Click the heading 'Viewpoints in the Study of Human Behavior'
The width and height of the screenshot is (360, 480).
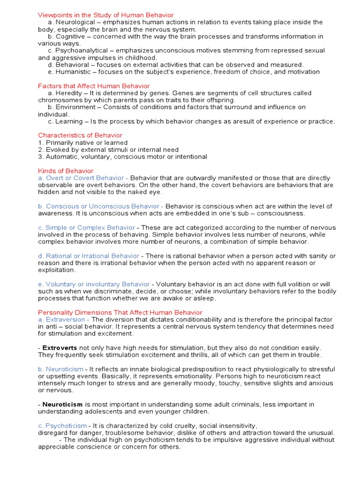[x=105, y=15]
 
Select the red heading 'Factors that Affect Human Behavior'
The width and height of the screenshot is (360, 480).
[x=94, y=86]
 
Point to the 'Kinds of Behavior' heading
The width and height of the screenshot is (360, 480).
[x=66, y=171]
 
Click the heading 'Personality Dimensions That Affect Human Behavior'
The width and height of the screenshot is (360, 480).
[x=120, y=312]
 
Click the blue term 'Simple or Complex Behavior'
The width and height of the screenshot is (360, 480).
[x=86, y=228]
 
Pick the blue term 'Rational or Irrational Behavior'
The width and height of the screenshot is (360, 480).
[x=89, y=256]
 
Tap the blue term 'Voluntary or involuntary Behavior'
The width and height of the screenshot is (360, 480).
[x=94, y=284]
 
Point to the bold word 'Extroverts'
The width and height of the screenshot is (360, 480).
[x=60, y=347]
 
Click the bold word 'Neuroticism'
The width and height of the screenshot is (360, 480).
[x=62, y=404]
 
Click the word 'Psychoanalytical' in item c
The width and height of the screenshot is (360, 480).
[x=82, y=51]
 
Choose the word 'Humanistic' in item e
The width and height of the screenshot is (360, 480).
[x=75, y=72]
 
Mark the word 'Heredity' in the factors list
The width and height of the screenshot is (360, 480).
[x=71, y=93]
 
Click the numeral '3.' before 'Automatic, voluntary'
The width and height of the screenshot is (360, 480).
[x=41, y=157]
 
